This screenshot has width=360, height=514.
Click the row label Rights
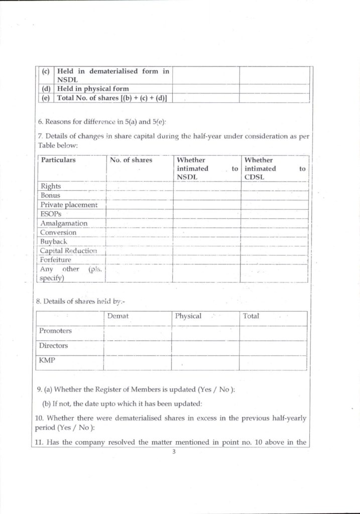(x=50, y=186)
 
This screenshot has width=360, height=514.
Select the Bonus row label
(x=50, y=195)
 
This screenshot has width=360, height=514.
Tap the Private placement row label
(x=69, y=205)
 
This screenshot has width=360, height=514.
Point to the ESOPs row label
(x=51, y=214)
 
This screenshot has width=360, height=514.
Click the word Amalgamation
(x=64, y=223)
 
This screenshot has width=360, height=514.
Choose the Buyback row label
(x=54, y=241)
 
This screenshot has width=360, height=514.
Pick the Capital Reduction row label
(x=68, y=250)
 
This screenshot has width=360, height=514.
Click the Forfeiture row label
(x=56, y=260)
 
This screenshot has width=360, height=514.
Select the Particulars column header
(x=58, y=160)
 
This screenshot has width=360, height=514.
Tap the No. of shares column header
(x=131, y=160)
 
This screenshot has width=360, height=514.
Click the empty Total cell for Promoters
(x=273, y=331)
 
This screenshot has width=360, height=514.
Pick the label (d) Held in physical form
(x=93, y=89)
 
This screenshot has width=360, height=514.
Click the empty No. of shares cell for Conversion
(x=139, y=232)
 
